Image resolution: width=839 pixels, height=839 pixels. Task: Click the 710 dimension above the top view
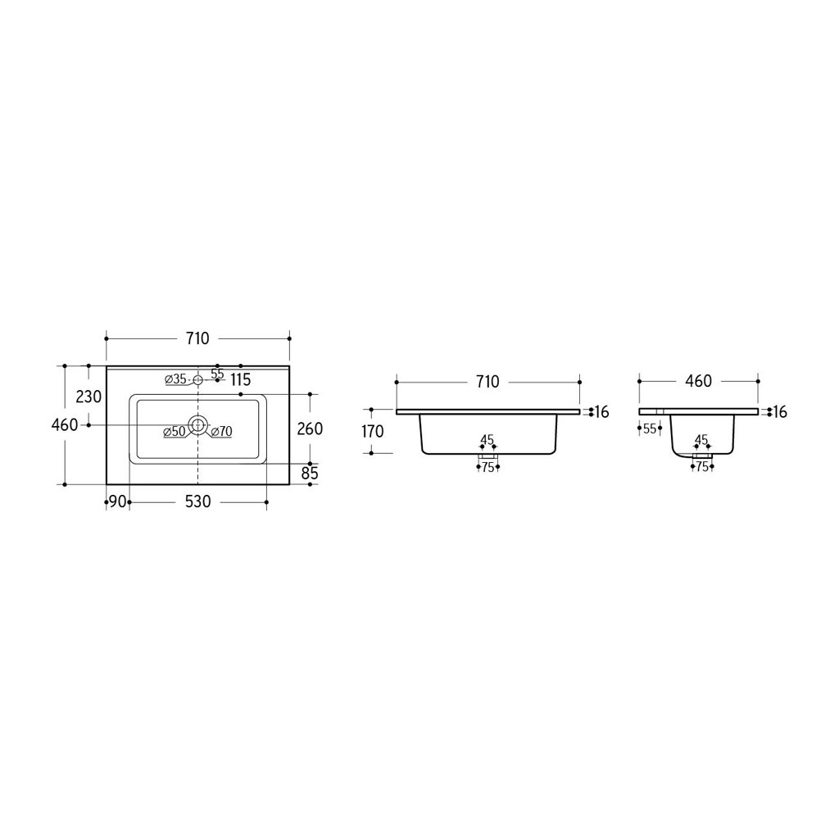tap(197, 338)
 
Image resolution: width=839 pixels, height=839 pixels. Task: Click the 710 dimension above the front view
tap(488, 382)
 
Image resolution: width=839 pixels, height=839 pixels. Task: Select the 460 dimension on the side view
tap(698, 381)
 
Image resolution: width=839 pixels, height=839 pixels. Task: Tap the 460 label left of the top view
tap(65, 425)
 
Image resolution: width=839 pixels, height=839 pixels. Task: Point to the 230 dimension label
tap(88, 397)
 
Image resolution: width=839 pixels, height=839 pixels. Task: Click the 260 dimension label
tap(310, 429)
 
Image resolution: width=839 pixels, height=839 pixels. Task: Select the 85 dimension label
tap(310, 473)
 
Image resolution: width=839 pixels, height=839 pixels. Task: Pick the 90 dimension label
tap(118, 502)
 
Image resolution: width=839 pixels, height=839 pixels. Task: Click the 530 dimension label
tap(198, 502)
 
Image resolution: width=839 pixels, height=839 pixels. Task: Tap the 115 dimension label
tap(241, 380)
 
